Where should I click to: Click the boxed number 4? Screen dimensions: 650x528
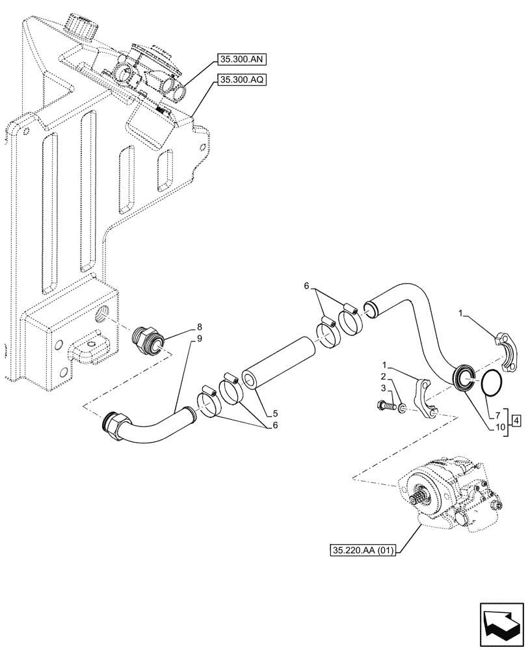point(515,420)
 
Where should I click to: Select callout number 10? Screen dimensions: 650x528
point(499,426)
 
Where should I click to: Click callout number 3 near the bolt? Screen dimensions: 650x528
point(383,389)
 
